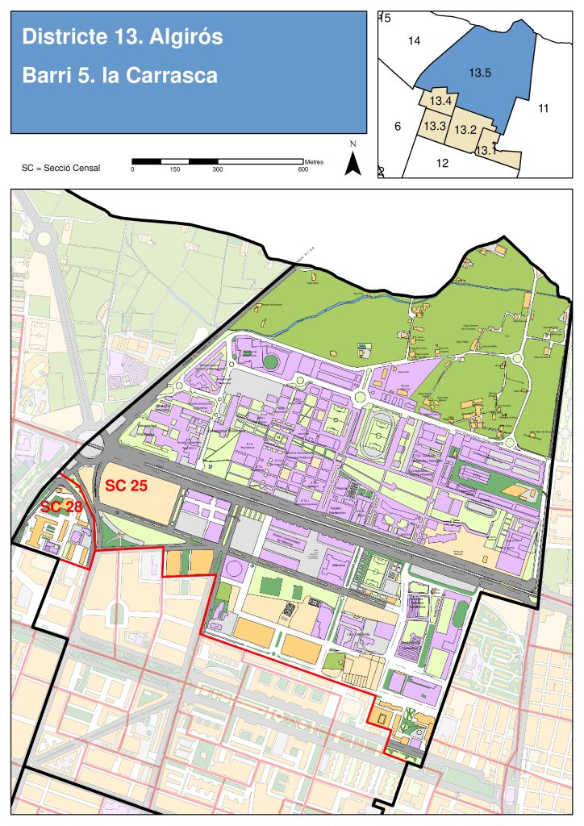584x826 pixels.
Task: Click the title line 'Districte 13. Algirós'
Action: pos(123,37)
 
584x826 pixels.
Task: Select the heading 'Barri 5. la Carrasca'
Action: pos(120,76)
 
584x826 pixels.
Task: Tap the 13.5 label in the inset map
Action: pos(480,73)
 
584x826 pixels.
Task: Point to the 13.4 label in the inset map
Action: pos(440,101)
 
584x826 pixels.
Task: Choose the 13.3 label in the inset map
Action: pos(435,126)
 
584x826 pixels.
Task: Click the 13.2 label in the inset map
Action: pos(465,129)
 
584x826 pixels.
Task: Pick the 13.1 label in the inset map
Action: pos(486,150)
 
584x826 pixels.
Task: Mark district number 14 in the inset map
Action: pos(415,40)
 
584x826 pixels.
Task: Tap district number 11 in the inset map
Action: pos(543,108)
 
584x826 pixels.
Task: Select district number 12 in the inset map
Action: pos(442,163)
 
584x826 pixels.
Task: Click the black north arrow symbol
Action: pos(352,164)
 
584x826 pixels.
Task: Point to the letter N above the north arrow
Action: pos(352,144)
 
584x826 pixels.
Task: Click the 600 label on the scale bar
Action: pos(302,169)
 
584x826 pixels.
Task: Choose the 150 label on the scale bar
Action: pos(175,169)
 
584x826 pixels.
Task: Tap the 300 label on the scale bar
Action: pos(217,169)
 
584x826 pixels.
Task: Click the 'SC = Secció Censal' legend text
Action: pos(61,169)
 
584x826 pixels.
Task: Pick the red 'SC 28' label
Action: pos(60,507)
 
